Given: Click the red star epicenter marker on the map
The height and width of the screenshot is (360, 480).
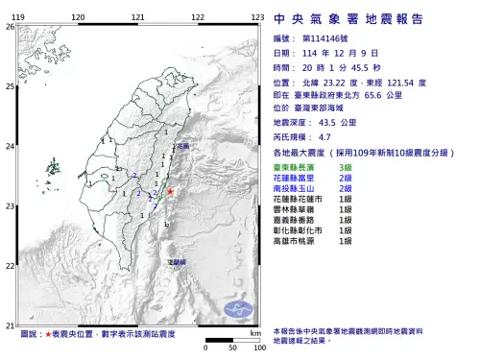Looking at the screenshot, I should coord(171,192).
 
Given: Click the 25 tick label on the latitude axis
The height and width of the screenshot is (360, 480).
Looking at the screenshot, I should coord(9,86).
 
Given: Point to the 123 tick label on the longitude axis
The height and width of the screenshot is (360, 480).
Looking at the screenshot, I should coord(256,17).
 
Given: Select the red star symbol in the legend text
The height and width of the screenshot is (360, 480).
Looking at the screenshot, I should coord(50,333).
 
